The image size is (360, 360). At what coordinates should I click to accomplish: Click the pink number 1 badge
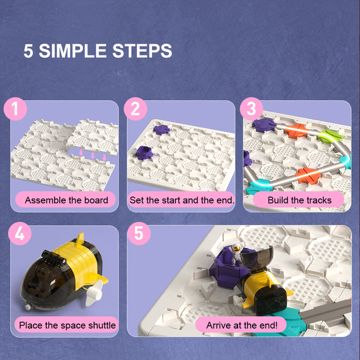[x=15, y=109]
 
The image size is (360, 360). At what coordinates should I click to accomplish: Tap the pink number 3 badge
[x=251, y=109]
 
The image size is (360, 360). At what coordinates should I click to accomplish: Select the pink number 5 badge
[x=139, y=233]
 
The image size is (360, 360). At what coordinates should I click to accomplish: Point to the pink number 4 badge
[x=20, y=233]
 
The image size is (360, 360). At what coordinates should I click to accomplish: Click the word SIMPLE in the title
[x=73, y=51]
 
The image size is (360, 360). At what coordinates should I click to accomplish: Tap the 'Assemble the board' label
[x=66, y=200]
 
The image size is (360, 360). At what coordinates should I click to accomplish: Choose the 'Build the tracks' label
[x=299, y=200]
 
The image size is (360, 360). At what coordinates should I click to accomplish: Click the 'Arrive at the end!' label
[x=242, y=325]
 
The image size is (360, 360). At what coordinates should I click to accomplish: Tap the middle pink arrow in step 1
[x=93, y=156]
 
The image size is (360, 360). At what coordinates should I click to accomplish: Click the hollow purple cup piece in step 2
[x=144, y=153]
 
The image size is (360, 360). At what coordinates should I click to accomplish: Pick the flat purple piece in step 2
[x=161, y=130]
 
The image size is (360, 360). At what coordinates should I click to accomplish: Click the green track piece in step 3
[x=330, y=136]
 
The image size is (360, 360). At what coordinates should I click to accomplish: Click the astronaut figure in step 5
[x=236, y=254]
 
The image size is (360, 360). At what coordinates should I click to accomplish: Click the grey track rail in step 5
[x=326, y=311]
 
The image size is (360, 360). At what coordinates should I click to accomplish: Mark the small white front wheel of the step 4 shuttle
[x=28, y=307]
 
